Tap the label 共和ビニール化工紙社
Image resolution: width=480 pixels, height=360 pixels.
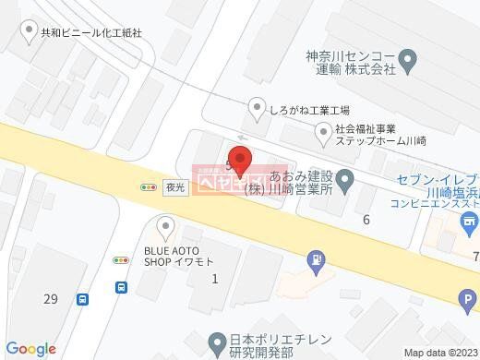(91, 31)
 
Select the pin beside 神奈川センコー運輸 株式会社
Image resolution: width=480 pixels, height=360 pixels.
(412, 61)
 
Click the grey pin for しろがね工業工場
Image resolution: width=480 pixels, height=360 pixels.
(258, 109)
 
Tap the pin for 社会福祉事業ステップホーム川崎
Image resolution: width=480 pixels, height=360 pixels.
(324, 134)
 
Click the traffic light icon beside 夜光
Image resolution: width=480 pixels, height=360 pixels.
(148, 186)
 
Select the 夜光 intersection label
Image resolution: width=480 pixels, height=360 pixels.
(175, 186)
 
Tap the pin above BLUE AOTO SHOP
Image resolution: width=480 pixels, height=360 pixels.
(165, 224)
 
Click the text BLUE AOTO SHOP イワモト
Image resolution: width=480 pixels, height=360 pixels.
(180, 255)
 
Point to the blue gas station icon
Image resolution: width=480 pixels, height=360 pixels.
(317, 258)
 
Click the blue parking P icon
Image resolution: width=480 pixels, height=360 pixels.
(468, 299)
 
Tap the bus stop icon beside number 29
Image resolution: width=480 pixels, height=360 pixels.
(84, 299)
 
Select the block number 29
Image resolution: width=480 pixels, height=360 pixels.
(50, 298)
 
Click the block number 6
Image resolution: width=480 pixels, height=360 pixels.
(366, 219)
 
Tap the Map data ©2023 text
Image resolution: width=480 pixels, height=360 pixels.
(438, 352)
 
